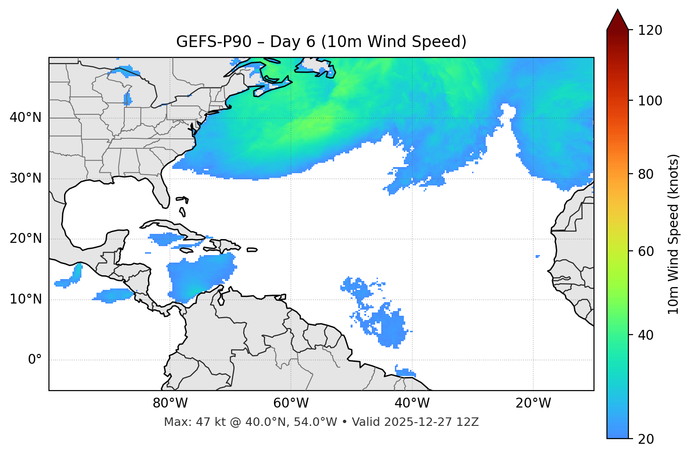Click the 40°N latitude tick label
(25, 118)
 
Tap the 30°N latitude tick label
(25, 178)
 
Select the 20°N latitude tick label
(25, 239)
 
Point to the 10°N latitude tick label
(25, 299)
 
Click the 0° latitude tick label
(34, 360)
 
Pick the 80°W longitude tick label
(170, 403)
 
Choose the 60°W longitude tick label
(291, 403)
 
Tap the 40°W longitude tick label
(412, 403)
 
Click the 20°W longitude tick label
(533, 403)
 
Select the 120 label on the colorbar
(650, 31)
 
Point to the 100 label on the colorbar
(650, 101)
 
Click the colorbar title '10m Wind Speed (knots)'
(674, 234)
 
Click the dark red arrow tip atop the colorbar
(618, 19)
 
